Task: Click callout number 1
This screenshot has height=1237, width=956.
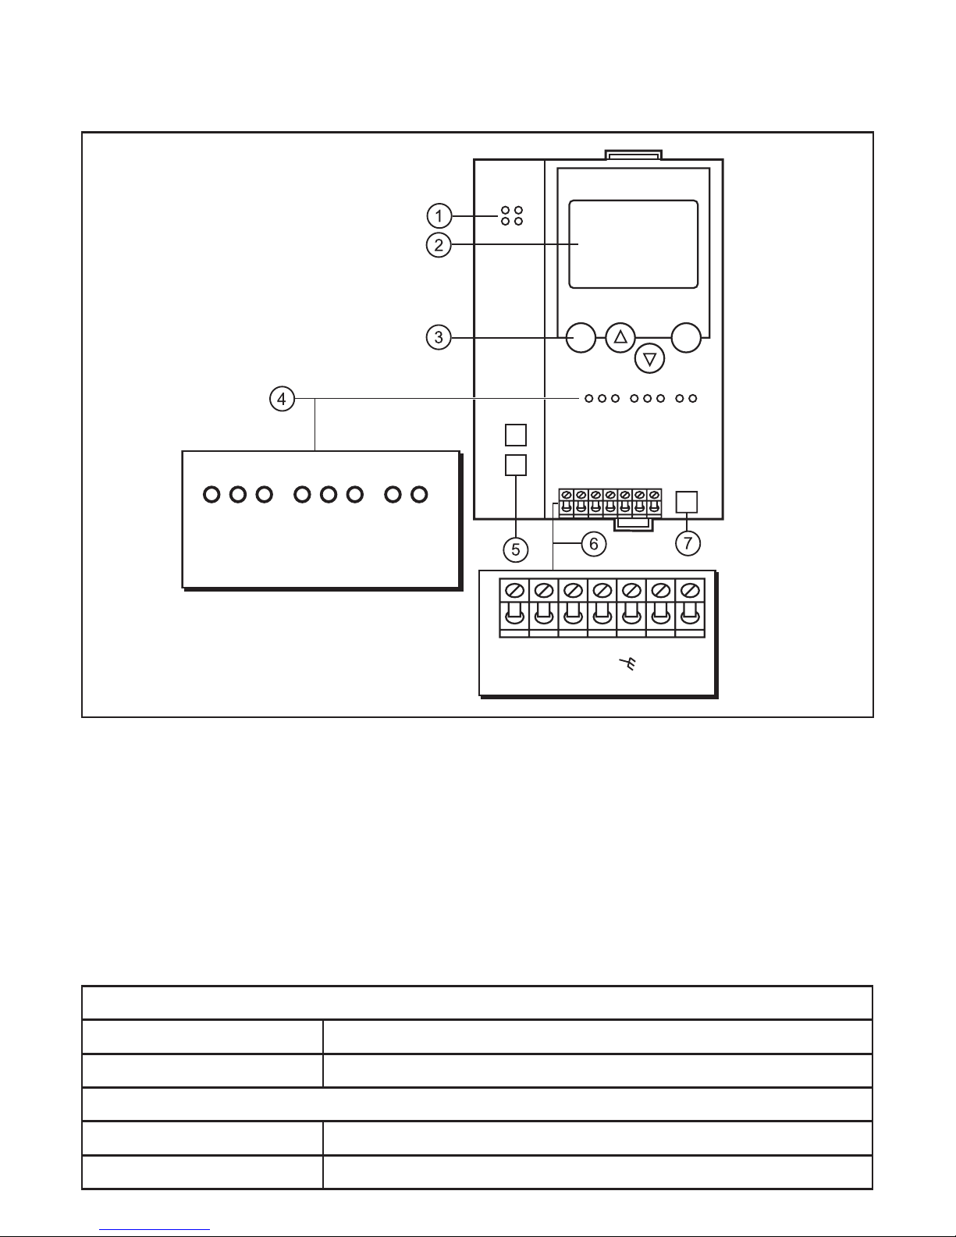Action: [439, 215]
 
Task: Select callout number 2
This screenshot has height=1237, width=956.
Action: [439, 245]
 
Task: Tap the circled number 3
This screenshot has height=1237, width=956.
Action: [439, 337]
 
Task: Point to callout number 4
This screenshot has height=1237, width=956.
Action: [282, 399]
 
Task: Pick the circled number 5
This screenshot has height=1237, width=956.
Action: [516, 549]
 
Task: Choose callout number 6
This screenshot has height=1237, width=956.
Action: [593, 543]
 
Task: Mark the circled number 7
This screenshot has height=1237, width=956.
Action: [687, 543]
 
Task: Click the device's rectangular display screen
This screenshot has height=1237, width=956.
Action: [633, 244]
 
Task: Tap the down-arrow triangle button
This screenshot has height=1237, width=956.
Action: [649, 359]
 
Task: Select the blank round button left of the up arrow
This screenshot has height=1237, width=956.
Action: [581, 337]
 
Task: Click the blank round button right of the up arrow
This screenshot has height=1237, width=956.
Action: [687, 337]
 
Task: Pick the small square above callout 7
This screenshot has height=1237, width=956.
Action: [686, 501]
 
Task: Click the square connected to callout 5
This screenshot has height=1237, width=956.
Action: [516, 465]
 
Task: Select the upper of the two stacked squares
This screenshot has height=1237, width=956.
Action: [516, 434]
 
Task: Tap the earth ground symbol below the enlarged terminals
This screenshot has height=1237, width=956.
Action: [626, 665]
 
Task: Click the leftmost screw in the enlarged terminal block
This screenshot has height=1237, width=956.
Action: [514, 589]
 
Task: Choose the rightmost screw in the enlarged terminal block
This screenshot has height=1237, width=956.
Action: [689, 589]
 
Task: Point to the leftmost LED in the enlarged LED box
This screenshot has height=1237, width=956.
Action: [211, 494]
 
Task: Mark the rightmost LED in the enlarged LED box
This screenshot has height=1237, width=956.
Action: [420, 494]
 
